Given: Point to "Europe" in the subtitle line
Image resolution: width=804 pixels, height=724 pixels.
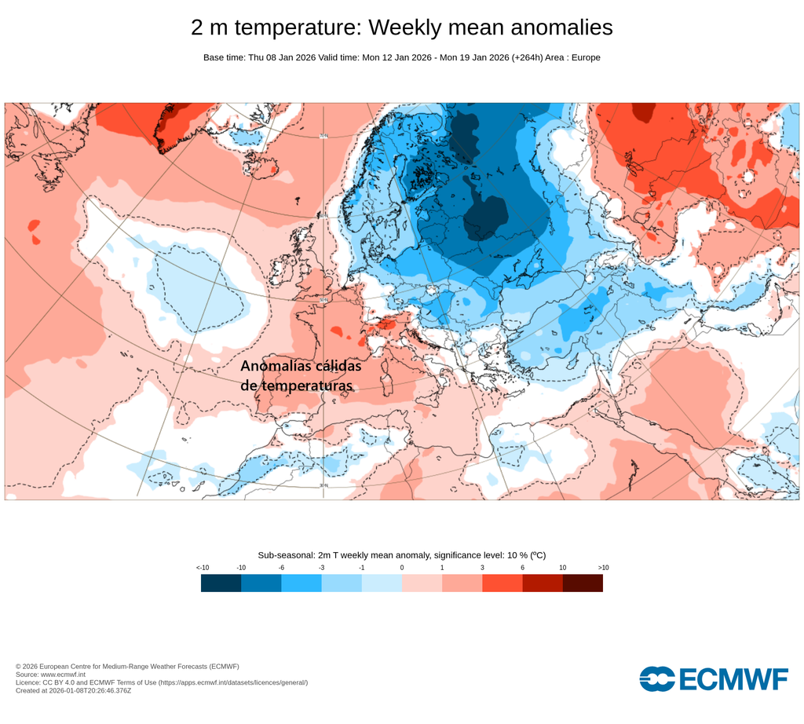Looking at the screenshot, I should pos(584,57).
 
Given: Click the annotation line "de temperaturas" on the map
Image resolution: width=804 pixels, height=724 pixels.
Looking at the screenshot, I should pos(296,386).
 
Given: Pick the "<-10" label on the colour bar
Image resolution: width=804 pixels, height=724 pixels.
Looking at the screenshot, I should pos(203,567).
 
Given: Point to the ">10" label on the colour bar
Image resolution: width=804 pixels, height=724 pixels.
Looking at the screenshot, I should pos(602,567).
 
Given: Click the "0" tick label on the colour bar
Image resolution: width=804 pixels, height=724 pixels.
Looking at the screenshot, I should pos(402,567).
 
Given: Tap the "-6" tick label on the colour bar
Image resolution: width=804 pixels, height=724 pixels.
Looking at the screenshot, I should pos(281,567).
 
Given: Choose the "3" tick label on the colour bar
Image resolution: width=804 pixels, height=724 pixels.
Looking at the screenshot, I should pos(482,567).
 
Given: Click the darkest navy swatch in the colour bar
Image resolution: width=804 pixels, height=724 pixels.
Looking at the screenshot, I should pos(221,583).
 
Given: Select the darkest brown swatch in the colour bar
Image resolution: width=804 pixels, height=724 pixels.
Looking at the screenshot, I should pos(583,583).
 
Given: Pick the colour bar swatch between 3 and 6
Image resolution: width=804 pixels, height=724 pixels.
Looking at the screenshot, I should pos(502,583).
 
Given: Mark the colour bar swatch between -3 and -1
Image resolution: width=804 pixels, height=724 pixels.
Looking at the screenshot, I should pos(341,583).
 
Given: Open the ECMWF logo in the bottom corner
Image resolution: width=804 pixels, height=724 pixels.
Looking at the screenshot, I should pos(713,679).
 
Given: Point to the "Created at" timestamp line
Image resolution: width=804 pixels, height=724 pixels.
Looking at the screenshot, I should pos(73,690).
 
